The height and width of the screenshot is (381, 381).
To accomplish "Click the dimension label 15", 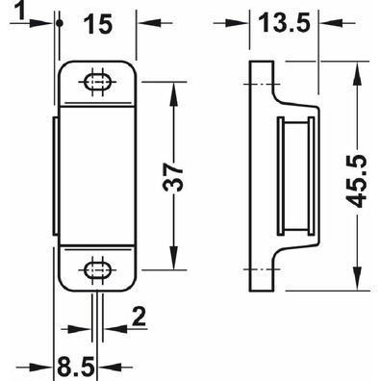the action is coord(98,24).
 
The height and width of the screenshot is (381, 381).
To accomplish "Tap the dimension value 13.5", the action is coord(285,23).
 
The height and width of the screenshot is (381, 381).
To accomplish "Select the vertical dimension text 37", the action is coord(173,177).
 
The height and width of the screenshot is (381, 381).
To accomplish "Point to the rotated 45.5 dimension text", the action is coord(357,181).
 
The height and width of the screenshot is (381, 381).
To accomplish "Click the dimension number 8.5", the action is coord(76,367).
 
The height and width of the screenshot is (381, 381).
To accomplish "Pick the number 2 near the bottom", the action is coord(140,317).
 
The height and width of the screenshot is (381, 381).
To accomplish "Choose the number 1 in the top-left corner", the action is coord(20,12).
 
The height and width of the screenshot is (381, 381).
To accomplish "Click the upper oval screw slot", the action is coord(97,82).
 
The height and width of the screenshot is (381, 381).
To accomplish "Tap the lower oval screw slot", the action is coord(97,269).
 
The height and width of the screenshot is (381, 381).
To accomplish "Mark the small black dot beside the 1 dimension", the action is coord(60,23).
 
